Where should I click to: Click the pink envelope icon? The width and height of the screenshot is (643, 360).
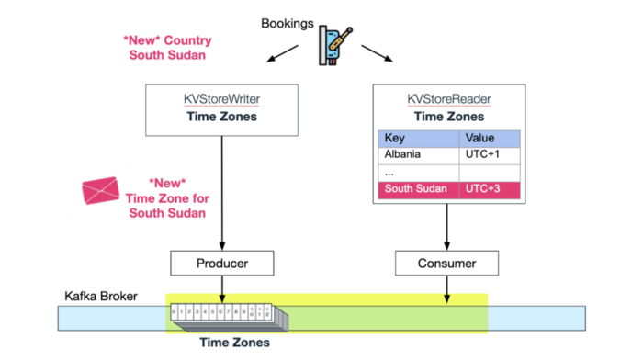[101, 190]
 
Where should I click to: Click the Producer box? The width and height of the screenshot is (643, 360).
[220, 264]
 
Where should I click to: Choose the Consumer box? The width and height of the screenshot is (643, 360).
[448, 264]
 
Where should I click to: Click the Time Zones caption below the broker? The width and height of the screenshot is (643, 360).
[236, 343]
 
